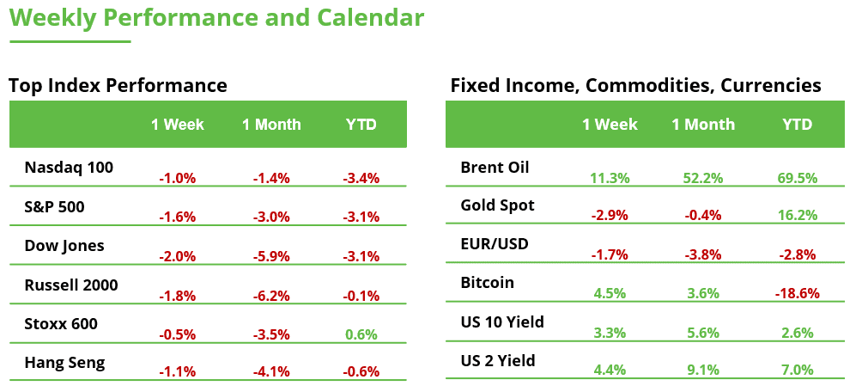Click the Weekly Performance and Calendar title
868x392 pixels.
tap(216, 18)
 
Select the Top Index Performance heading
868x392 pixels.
tap(118, 86)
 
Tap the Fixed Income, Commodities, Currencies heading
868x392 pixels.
tap(635, 86)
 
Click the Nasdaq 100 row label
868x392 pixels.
tap(69, 167)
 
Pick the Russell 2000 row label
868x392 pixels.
tap(71, 285)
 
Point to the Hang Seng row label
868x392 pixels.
tap(65, 363)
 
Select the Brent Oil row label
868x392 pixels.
tap(495, 167)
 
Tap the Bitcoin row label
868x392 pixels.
tap(487, 283)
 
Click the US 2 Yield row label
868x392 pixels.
tap(498, 361)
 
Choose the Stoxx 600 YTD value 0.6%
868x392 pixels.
tap(361, 334)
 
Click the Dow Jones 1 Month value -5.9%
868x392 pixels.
tap(271, 256)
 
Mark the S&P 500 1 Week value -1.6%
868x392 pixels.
tap(178, 217)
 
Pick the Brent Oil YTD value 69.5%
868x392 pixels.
tap(797, 178)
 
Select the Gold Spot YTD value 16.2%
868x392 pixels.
tap(797, 217)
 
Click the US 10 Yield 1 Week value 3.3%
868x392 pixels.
tap(610, 332)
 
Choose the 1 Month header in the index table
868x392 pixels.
tap(271, 125)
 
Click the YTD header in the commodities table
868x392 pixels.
tap(797, 125)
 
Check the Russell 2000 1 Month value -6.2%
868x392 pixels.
tap(271, 296)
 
